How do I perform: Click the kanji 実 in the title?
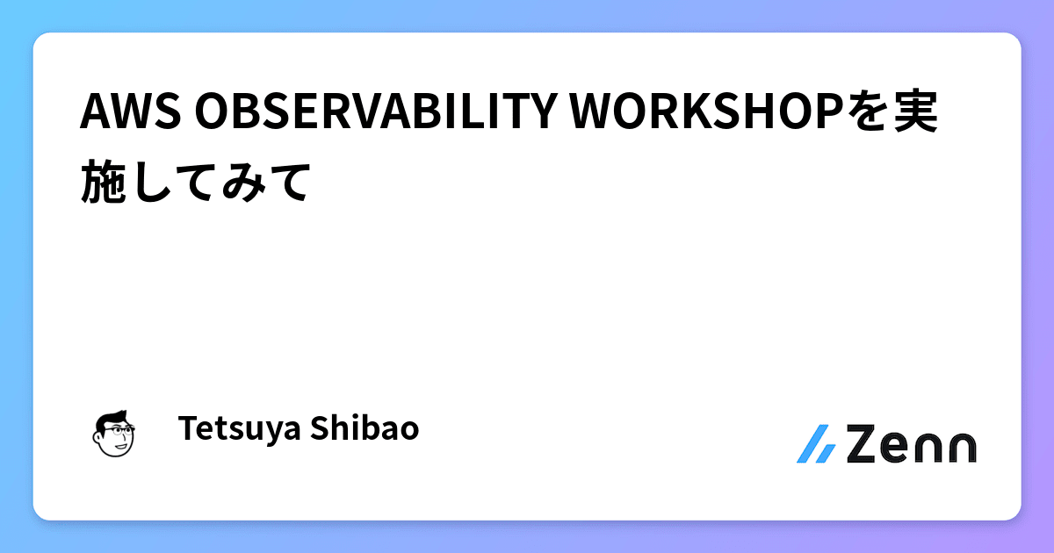tap(914, 112)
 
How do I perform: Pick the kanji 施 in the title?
tap(105, 183)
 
